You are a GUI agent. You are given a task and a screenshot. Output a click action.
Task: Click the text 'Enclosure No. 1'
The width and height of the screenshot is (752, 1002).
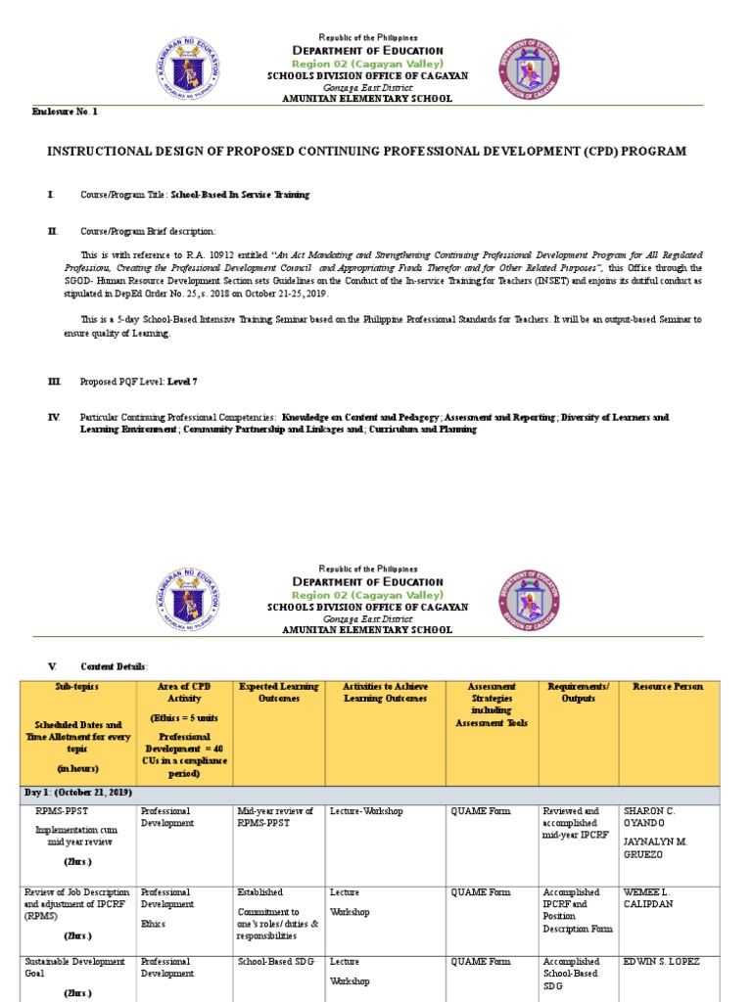[x=66, y=113]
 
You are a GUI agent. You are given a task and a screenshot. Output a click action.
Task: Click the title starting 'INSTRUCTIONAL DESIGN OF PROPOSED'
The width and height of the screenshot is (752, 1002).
[x=367, y=151]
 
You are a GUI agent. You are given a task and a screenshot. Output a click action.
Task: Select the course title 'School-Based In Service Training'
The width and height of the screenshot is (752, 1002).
[x=240, y=195]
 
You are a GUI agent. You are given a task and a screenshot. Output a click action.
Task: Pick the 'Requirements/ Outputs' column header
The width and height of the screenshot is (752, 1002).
[x=579, y=693]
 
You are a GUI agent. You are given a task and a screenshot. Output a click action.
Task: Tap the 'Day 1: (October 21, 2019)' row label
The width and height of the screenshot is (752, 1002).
[x=77, y=792]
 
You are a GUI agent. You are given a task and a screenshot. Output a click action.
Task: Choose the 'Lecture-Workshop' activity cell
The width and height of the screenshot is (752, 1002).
[x=366, y=811]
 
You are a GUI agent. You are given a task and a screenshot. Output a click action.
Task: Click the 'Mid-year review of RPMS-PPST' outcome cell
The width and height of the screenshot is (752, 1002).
[x=275, y=817]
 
